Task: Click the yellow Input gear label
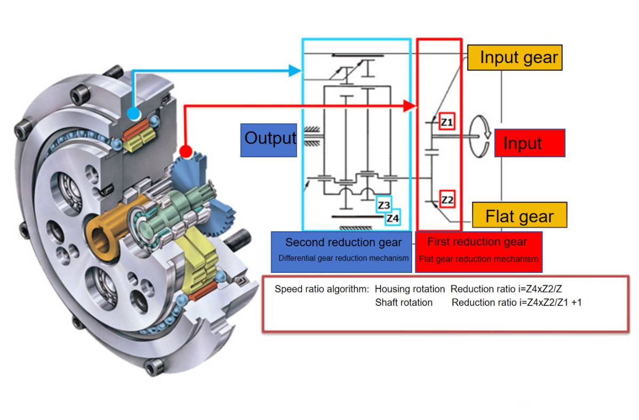tap(515, 58)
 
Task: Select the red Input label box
tap(529, 143)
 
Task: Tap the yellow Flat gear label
tap(519, 216)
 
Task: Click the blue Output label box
tap(268, 140)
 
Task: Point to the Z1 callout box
tap(447, 123)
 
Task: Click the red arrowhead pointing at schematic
tap(409, 106)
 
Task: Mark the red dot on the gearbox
tap(185, 151)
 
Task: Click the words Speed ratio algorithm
tap(322, 289)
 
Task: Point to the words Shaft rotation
tap(404, 303)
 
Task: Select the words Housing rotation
tap(409, 289)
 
